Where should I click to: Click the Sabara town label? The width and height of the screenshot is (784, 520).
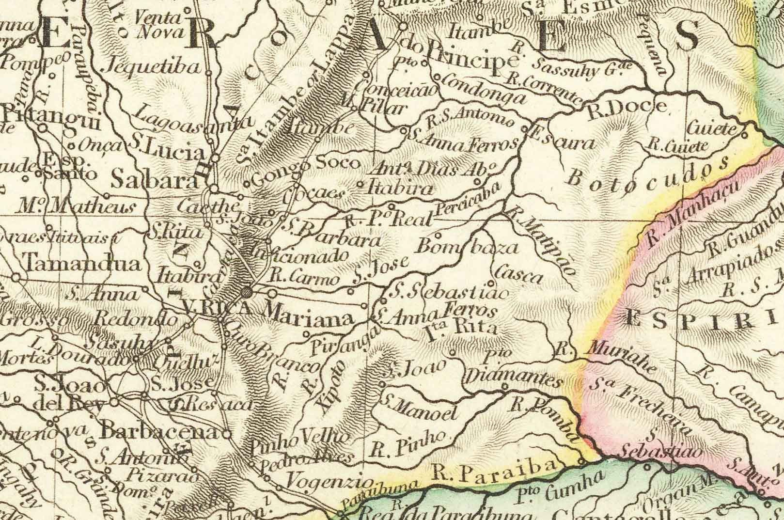154,181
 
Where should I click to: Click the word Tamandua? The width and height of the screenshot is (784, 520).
82,264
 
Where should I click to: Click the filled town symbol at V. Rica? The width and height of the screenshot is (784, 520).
247,292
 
